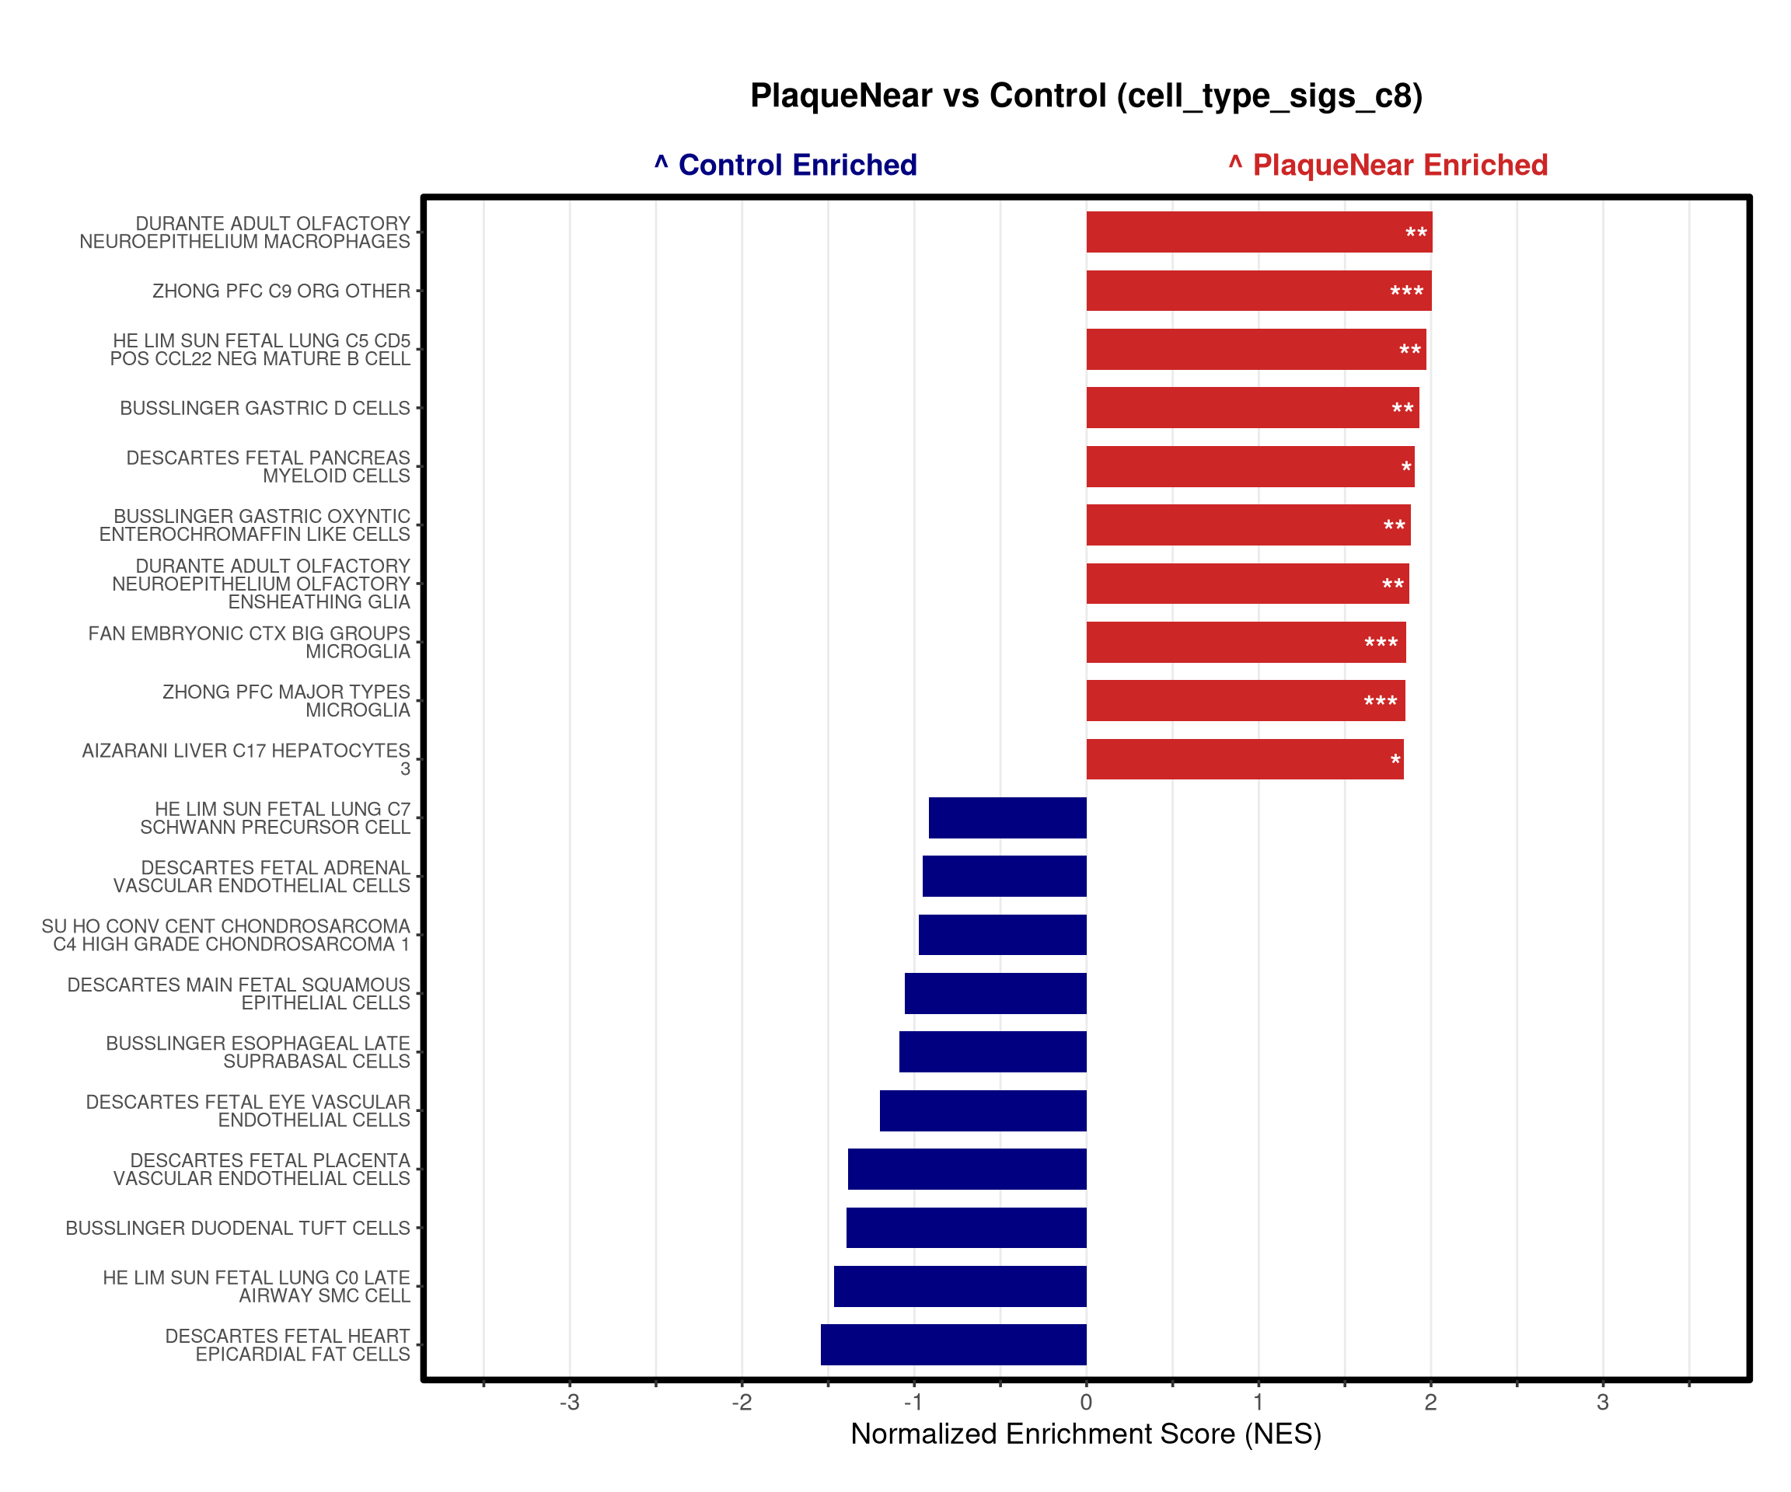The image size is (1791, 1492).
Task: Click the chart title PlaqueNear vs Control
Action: pyautogui.click(x=1086, y=96)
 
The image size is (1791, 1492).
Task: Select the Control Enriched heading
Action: pyautogui.click(x=785, y=165)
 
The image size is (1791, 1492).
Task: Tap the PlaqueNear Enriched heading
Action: pyautogui.click(x=1388, y=165)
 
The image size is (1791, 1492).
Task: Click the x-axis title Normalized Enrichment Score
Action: pyautogui.click(x=1086, y=1434)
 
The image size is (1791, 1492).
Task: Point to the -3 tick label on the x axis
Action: pyautogui.click(x=570, y=1403)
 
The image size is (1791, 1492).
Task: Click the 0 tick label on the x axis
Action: pyautogui.click(x=1086, y=1403)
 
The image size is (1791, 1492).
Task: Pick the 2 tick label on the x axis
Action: pyautogui.click(x=1430, y=1403)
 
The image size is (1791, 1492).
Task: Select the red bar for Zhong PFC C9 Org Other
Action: pyautogui.click(x=1259, y=291)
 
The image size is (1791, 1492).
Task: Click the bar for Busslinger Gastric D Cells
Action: pyautogui.click(x=1253, y=407)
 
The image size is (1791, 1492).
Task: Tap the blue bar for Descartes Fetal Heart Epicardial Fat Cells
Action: pyautogui.click(x=954, y=1344)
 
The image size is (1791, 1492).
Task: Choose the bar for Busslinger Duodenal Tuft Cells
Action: pyautogui.click(x=966, y=1228)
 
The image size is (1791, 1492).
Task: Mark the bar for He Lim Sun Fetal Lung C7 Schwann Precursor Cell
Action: pyautogui.click(x=1007, y=817)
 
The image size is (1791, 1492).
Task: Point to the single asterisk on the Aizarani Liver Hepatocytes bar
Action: pyautogui.click(x=1395, y=761)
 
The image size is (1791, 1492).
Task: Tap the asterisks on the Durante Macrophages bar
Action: pyautogui.click(x=1416, y=234)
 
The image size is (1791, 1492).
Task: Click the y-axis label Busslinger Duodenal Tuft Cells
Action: pyautogui.click(x=238, y=1228)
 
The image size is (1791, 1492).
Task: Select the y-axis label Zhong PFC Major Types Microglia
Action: pyautogui.click(x=287, y=701)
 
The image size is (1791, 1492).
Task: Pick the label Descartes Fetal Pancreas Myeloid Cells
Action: pyautogui.click(x=269, y=466)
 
